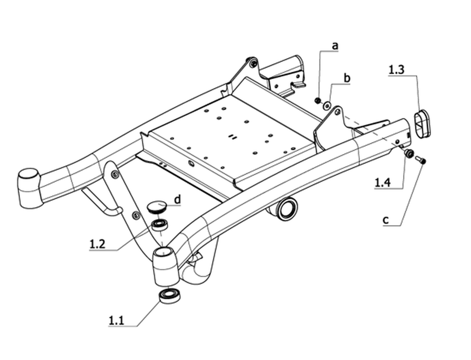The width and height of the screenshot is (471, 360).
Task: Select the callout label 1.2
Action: coord(97,243)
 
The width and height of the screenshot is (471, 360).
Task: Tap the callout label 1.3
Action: coord(396,70)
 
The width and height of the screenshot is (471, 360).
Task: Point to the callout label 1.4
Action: coord(383,183)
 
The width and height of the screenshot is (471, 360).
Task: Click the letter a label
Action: coord(335,46)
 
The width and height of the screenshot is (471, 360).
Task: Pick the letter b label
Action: coord(347,78)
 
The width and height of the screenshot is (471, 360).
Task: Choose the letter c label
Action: coord(386,220)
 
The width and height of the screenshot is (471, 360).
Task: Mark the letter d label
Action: coord(178,199)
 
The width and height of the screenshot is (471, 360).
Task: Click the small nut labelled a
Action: coord(317,100)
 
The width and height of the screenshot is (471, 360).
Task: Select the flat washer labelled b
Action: coord(327,105)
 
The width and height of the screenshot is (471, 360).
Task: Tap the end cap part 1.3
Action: coord(423,123)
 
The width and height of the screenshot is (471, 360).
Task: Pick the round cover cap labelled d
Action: coord(158,207)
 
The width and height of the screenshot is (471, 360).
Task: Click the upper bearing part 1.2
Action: coord(160,225)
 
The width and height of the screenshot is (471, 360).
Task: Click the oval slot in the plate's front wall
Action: coord(191,163)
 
